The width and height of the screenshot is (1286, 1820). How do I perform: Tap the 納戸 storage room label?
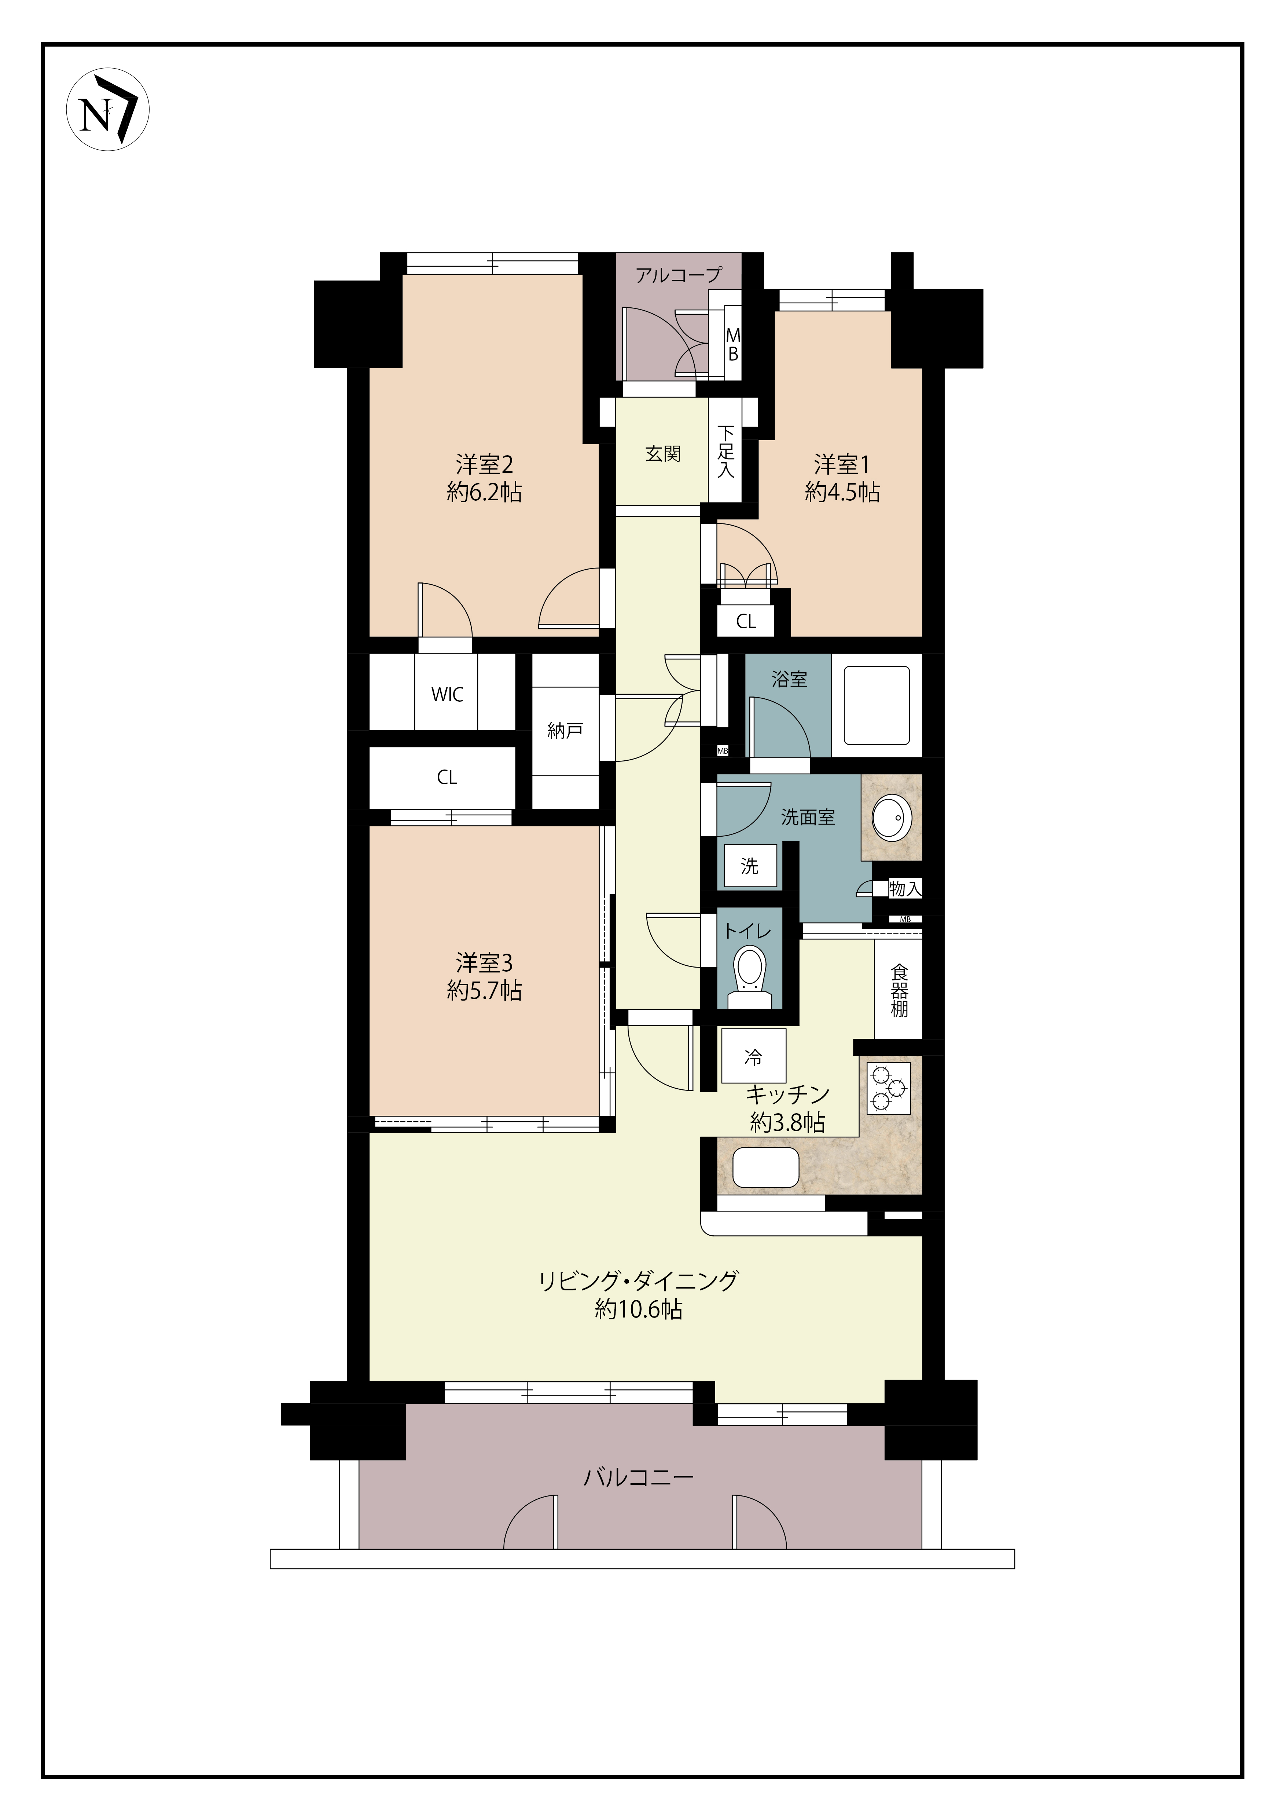[565, 731]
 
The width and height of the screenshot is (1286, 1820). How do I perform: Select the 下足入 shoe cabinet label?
[726, 452]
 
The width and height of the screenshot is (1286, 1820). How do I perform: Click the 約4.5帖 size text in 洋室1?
[842, 492]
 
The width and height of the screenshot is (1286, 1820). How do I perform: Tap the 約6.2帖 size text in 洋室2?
[484, 492]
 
